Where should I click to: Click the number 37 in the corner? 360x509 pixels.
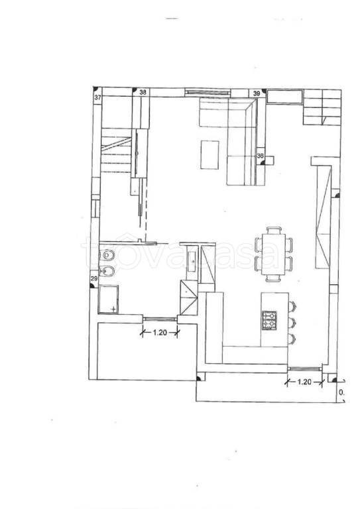click(98, 98)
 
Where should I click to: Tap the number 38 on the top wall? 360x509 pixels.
click(143, 93)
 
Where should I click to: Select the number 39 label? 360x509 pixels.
click(256, 93)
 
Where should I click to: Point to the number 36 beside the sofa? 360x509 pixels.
click(260, 156)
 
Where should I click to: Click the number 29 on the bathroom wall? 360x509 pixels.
click(94, 280)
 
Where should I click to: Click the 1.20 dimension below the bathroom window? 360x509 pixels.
click(160, 332)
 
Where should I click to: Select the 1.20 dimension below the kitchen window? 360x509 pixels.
click(304, 381)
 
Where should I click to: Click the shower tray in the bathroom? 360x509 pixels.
click(108, 299)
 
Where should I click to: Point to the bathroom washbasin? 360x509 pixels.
click(191, 258)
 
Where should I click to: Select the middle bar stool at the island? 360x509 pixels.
click(292, 323)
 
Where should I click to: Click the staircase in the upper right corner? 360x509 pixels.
click(322, 109)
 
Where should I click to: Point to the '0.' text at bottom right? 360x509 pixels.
click(341, 393)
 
